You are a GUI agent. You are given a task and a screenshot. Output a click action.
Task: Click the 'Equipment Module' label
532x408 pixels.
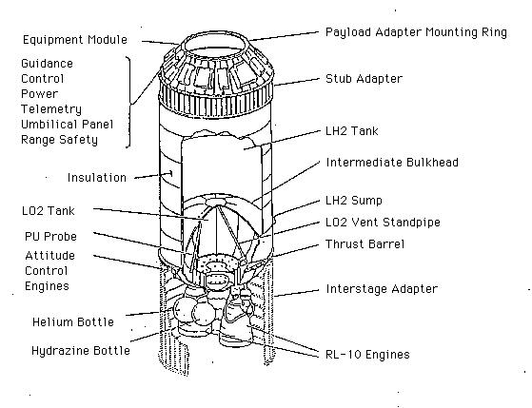[x=75, y=39]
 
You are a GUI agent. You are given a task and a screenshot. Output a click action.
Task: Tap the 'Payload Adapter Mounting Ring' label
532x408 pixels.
[x=416, y=32]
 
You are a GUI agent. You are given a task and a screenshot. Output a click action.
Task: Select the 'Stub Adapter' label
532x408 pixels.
[x=364, y=79]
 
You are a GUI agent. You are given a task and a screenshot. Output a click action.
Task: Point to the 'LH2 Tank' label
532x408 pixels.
[x=351, y=131]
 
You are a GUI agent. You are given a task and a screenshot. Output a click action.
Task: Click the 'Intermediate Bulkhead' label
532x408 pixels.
[x=392, y=162]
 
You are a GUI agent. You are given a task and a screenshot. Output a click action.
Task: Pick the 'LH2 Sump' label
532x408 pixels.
[x=353, y=201]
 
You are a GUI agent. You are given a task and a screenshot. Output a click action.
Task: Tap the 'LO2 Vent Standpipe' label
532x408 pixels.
[x=383, y=223]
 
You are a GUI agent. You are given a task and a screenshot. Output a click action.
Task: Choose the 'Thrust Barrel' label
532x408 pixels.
[x=365, y=244]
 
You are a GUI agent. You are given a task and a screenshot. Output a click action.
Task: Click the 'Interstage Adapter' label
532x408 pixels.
[x=382, y=289]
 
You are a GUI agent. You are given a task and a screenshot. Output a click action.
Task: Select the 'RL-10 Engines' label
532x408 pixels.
[x=367, y=355]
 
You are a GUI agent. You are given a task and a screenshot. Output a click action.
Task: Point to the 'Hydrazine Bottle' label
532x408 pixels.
[x=80, y=350]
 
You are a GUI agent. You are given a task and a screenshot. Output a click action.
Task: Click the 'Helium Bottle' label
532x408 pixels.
[x=73, y=321]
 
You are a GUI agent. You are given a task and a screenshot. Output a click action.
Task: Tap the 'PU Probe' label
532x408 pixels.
[x=50, y=237]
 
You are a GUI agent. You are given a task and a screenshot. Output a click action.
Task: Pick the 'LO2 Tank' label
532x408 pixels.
[x=48, y=211]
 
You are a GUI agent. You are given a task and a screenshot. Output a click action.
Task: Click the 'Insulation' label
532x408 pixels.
[x=97, y=178]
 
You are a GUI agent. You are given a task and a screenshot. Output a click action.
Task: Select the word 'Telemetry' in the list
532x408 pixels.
[x=51, y=109]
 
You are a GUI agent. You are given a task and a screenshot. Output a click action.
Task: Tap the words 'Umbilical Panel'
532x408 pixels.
[x=67, y=125]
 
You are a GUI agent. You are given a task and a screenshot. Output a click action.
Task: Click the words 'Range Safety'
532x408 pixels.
[x=59, y=140]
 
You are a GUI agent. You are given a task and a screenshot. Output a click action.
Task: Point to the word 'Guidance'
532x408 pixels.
[x=47, y=64]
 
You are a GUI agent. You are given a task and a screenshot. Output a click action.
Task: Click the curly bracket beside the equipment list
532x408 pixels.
[x=130, y=102]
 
